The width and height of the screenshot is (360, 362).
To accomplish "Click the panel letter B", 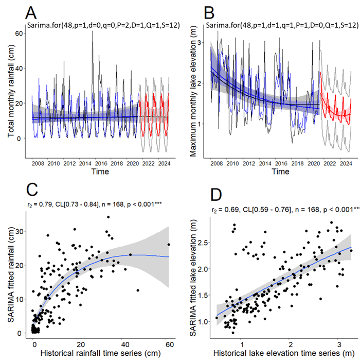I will point(211,12).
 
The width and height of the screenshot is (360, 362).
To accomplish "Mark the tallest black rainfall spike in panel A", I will point(93,32).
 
